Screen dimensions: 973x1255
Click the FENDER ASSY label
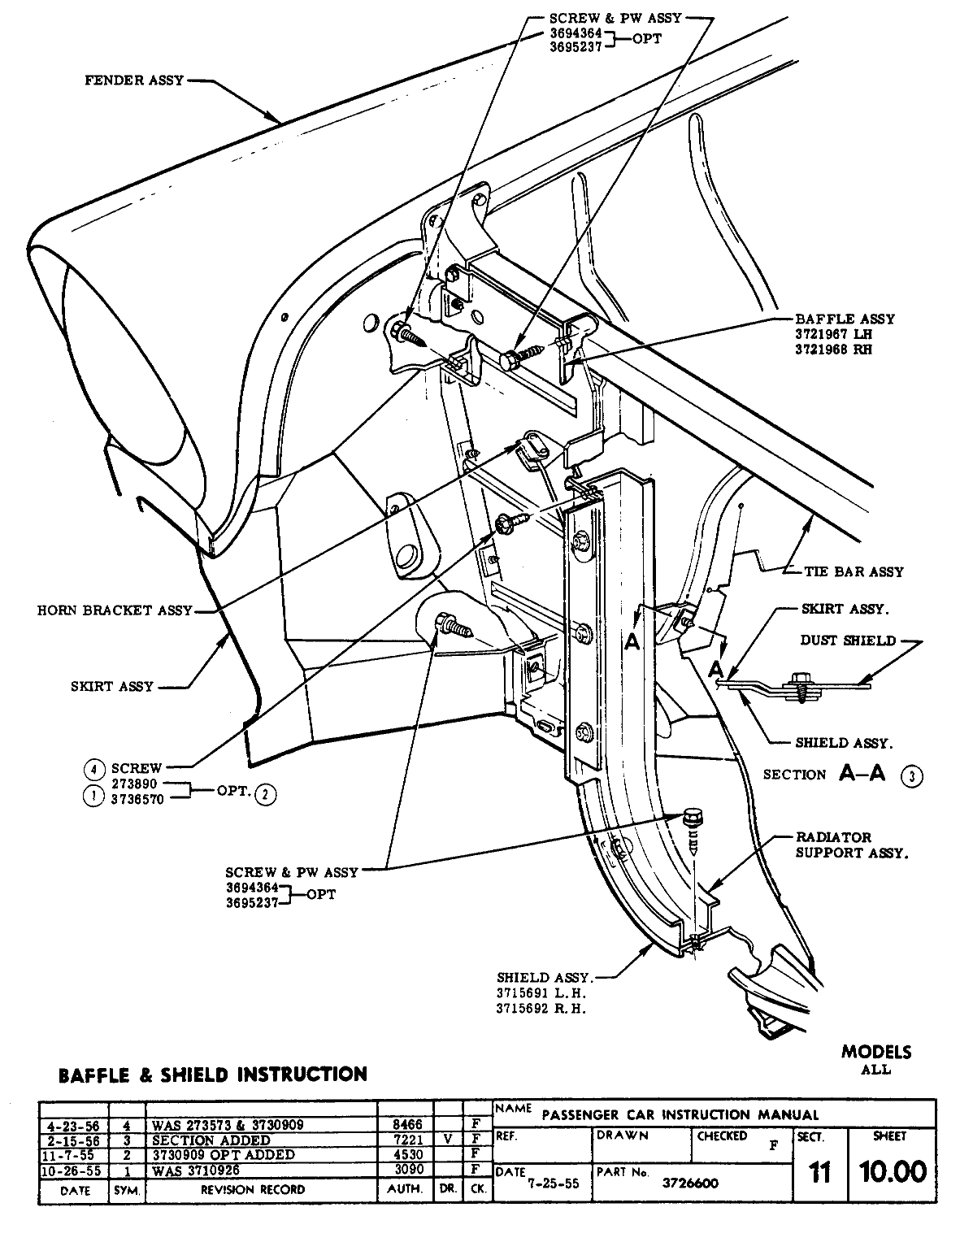(134, 80)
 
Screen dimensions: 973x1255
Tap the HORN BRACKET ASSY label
(115, 610)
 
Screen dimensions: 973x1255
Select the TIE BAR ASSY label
(854, 571)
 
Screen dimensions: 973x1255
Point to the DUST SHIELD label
(848, 641)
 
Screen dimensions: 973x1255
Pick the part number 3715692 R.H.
(541, 1009)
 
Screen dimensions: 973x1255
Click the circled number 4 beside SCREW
(94, 769)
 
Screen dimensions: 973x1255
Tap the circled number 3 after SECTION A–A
(912, 776)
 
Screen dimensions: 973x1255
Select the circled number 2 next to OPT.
(266, 795)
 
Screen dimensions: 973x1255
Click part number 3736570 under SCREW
(137, 799)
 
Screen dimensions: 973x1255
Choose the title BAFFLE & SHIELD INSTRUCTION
(213, 1075)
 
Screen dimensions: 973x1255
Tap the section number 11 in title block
(820, 1172)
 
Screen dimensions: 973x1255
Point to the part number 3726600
(690, 1183)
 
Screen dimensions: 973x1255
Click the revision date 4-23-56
(73, 1126)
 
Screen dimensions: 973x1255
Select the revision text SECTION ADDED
(211, 1140)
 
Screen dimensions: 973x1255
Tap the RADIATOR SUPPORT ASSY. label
(852, 845)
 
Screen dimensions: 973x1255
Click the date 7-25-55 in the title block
(554, 1183)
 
